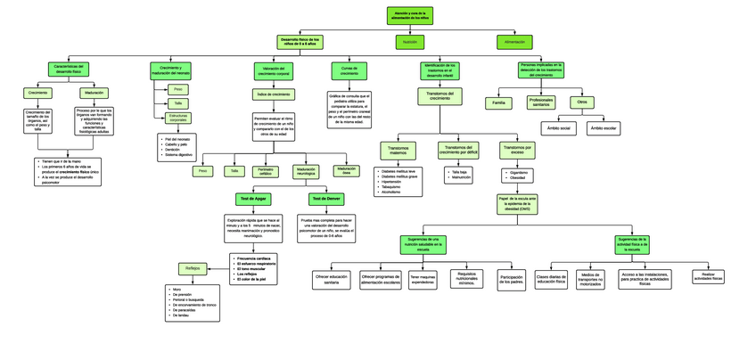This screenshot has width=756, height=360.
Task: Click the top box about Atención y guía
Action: pos(409,15)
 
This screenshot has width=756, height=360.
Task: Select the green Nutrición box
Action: pos(409,42)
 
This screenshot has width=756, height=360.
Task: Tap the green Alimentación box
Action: pos(514,42)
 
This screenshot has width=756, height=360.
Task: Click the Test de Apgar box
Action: pos(253,200)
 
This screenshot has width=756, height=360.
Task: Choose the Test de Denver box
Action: pos(325,200)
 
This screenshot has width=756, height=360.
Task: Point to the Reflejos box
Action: pos(193,268)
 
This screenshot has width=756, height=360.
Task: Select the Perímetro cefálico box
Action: pos(266,171)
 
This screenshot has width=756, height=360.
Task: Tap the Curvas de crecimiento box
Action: pos(349,70)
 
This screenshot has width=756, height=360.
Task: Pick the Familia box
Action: pos(498,103)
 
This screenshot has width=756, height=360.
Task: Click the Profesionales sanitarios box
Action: pos(540,102)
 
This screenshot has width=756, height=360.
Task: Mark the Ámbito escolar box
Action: pos(604,128)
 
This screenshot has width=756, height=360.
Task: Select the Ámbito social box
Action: pos(559,128)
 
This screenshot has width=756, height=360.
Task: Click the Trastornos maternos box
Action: pos(398,151)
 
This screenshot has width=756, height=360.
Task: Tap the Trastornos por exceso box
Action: pos(517,150)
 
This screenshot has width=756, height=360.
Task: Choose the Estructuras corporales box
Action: pos(178,118)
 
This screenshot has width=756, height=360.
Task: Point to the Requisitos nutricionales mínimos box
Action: pos(467,279)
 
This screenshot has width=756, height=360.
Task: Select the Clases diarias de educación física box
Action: pos(550,280)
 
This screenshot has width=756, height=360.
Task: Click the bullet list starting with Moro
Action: pos(192,303)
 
